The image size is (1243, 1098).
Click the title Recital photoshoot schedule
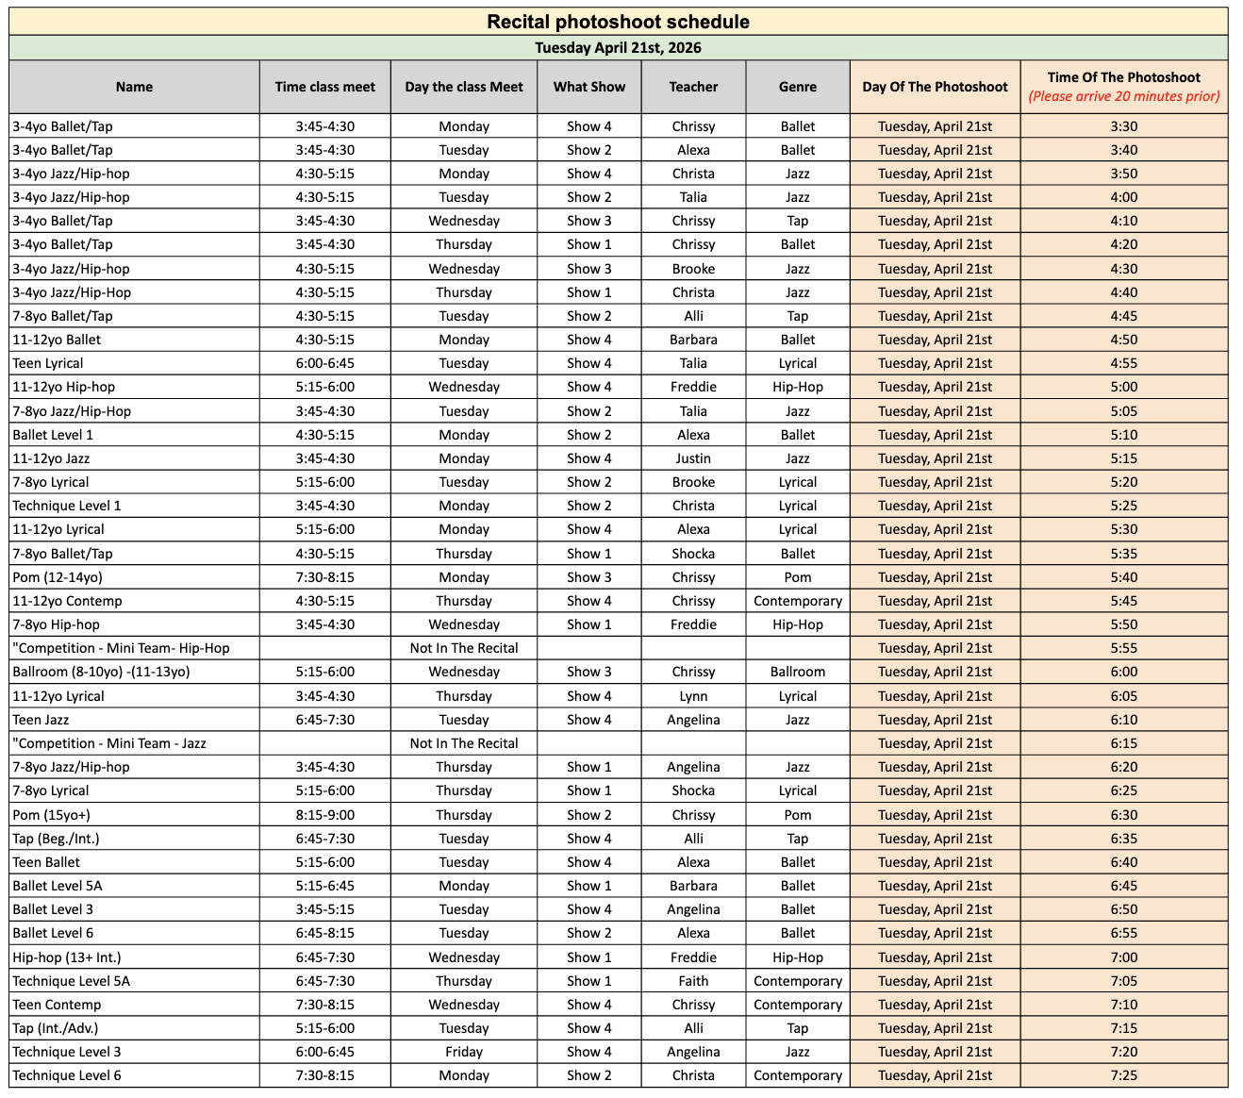618,22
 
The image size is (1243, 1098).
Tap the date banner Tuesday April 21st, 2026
618,48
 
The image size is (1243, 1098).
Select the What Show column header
589,87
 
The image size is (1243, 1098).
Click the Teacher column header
693,87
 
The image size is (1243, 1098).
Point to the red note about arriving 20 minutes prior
1123,96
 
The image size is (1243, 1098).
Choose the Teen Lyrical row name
48,363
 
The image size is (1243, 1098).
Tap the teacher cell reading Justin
693,458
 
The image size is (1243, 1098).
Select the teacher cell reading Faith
693,981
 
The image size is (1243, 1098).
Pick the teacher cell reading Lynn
693,696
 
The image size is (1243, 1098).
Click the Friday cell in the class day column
464,1052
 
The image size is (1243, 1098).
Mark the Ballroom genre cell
797,672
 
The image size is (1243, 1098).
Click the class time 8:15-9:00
325,815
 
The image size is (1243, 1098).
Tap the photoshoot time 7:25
1123,1075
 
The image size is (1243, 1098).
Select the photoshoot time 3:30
1123,126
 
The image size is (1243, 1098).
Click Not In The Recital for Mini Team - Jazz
464,743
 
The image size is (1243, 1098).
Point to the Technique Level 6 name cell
67,1075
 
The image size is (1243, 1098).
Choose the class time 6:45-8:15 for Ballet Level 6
325,933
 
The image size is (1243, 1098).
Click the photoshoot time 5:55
1123,648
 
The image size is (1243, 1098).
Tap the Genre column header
797,87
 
